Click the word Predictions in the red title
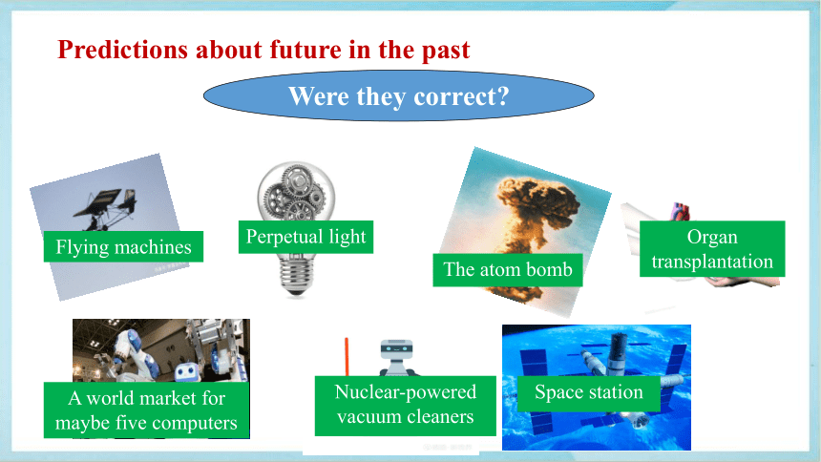tap(122, 51)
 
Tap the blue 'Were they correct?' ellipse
tap(398, 95)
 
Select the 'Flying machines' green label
tap(123, 246)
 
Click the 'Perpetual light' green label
tap(305, 237)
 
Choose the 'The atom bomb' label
tap(507, 270)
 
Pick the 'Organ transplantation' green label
tap(712, 249)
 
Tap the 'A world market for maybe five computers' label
tap(147, 410)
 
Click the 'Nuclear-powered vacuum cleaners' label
tap(406, 406)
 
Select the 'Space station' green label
tap(588, 392)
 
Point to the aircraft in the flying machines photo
tap(107, 208)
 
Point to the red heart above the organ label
tap(681, 212)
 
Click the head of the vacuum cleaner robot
tap(396, 348)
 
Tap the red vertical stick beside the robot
tap(347, 357)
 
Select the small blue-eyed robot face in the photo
tap(186, 371)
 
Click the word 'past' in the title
tap(446, 51)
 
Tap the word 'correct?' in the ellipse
tap(461, 96)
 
